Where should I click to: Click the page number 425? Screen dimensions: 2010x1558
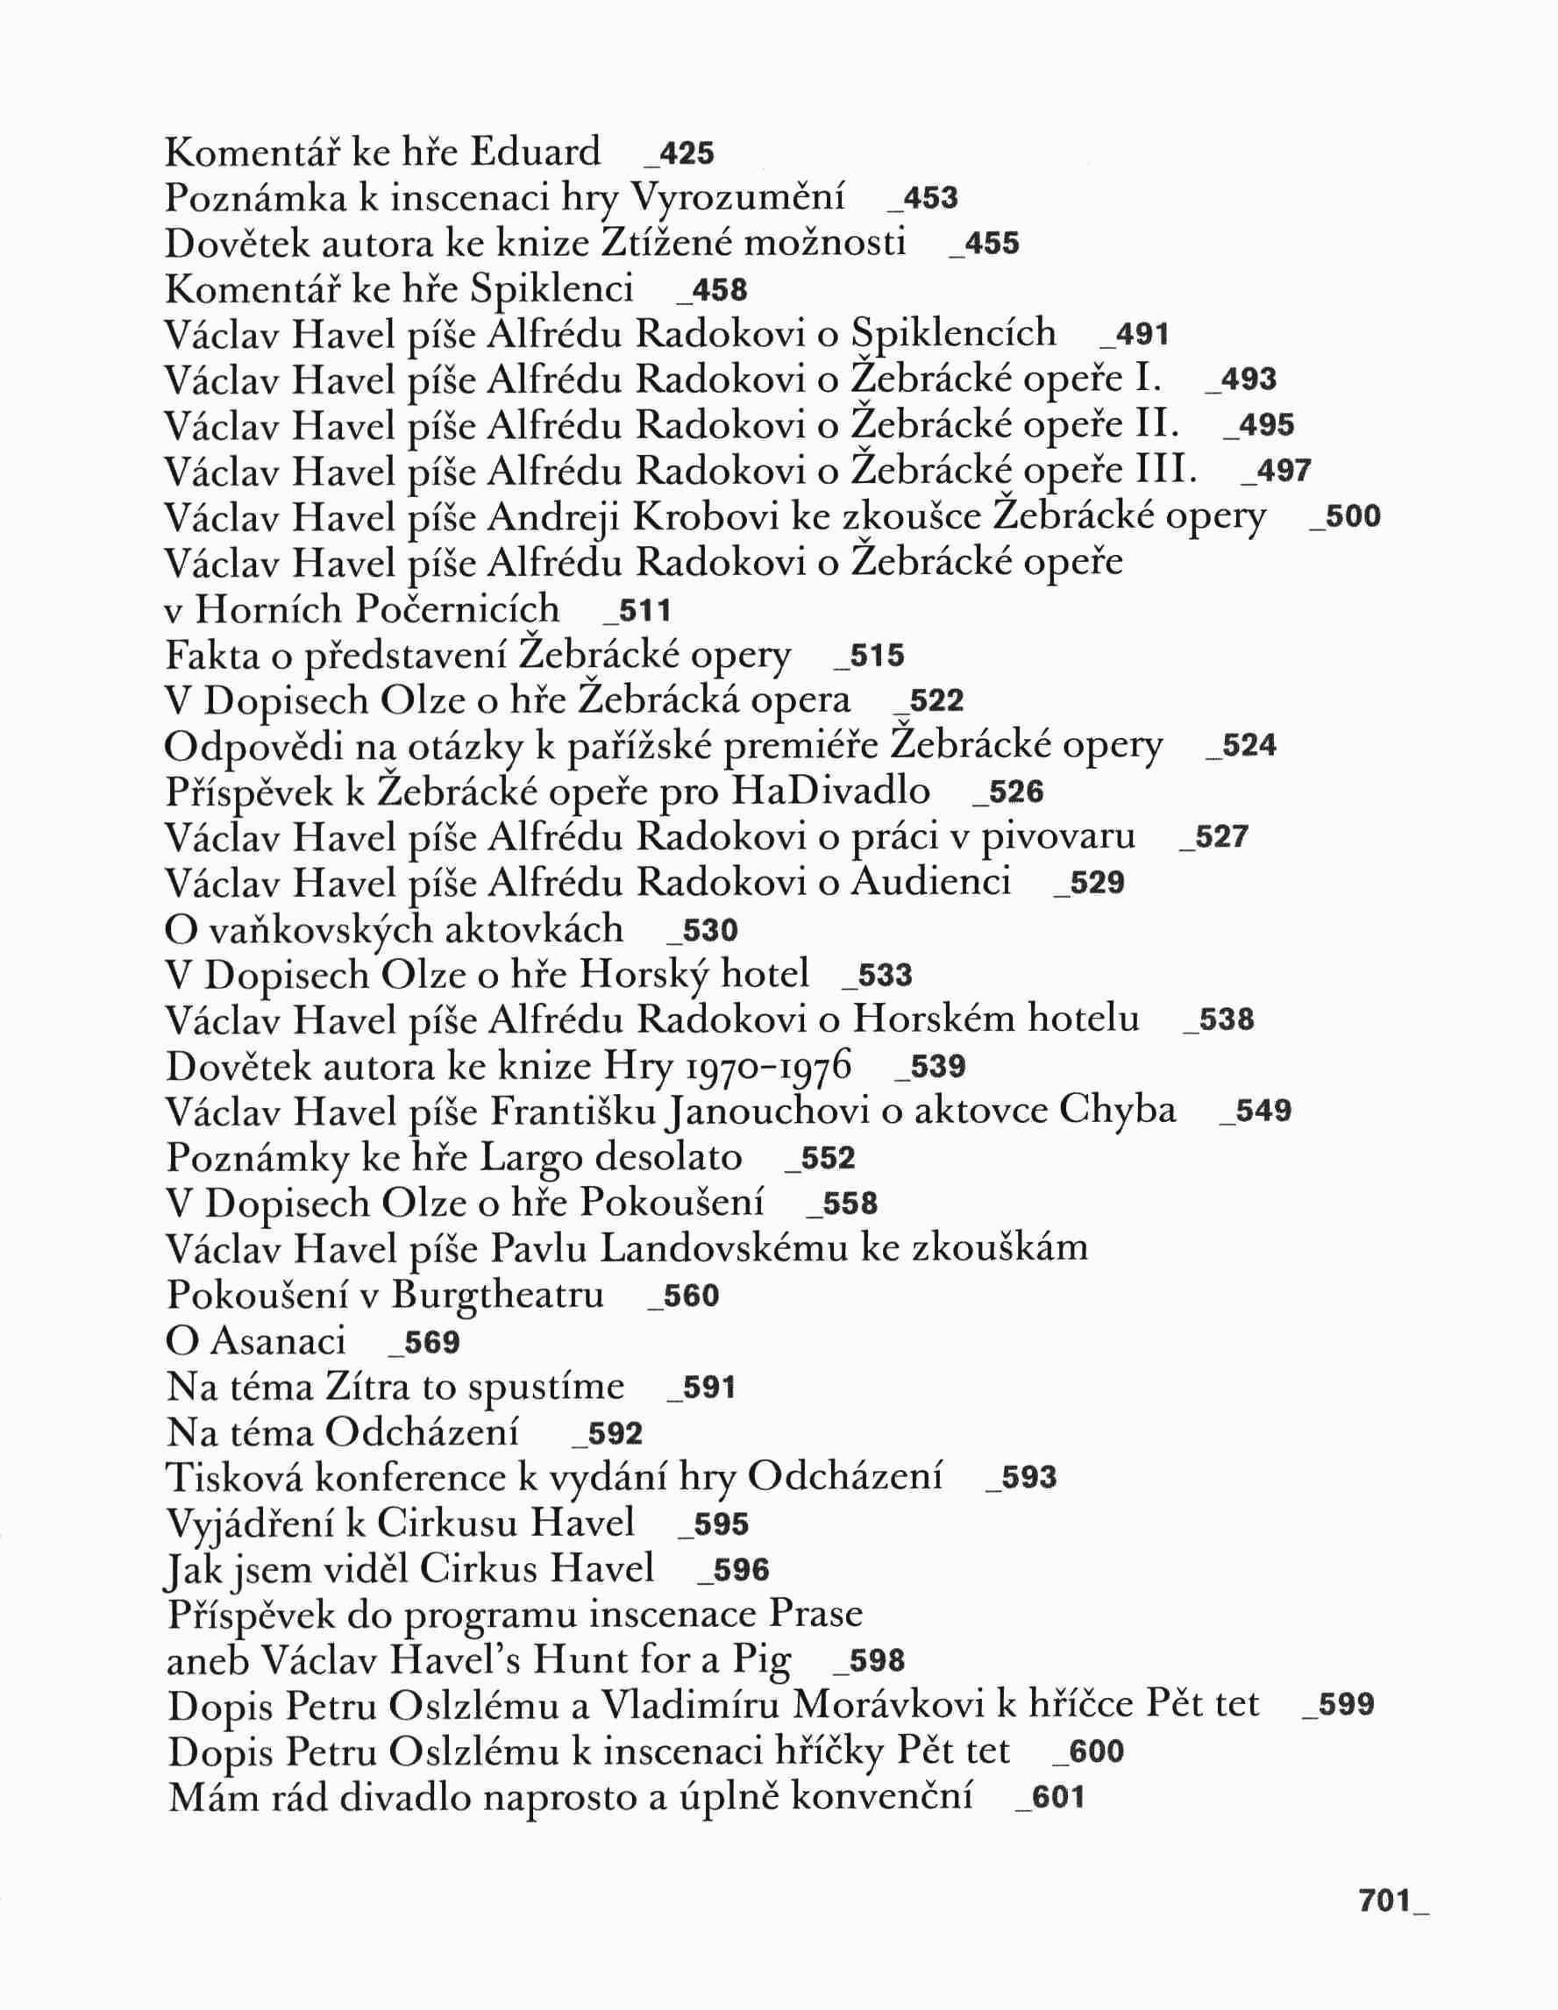(x=687, y=154)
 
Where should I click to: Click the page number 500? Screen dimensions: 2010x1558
(x=1350, y=517)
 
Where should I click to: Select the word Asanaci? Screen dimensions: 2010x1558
(x=278, y=1340)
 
